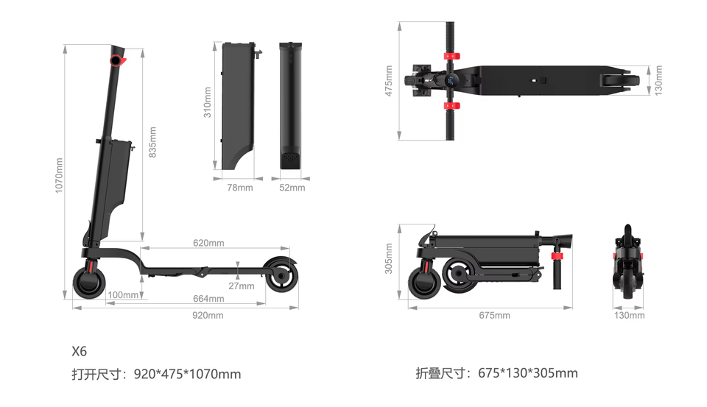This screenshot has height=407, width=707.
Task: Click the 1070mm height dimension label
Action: [59, 175]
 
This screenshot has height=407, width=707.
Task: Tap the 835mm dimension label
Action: [152, 142]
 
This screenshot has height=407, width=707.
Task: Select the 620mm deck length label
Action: [208, 243]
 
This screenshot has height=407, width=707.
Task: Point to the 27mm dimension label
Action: [242, 286]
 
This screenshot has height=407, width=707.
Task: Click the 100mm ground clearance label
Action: [123, 295]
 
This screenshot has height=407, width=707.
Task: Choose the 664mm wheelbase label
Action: [208, 298]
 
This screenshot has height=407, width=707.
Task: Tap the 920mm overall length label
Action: [208, 315]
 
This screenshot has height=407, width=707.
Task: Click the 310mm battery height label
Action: [207, 102]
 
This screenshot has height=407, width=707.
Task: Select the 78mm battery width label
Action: [240, 188]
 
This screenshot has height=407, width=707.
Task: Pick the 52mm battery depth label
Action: [292, 188]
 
